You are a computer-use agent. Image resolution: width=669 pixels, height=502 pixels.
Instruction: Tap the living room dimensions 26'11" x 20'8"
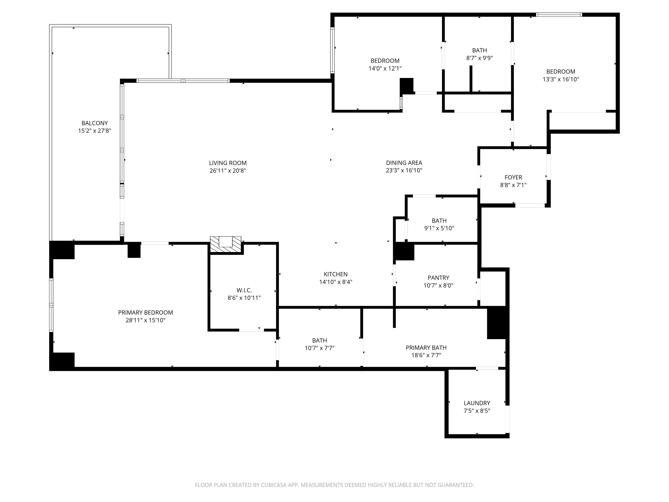[228, 171]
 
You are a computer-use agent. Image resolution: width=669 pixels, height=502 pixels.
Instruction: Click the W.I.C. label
[244, 290]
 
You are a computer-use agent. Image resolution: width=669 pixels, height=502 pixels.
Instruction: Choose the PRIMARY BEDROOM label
[146, 313]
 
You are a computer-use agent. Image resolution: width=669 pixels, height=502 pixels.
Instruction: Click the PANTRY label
[438, 277]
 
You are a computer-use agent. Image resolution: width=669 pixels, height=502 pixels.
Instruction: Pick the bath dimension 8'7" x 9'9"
[479, 58]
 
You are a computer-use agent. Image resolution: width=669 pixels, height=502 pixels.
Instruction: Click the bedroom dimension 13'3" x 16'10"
[560, 79]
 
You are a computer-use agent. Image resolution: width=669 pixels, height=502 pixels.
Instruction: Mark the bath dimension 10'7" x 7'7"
[319, 348]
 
